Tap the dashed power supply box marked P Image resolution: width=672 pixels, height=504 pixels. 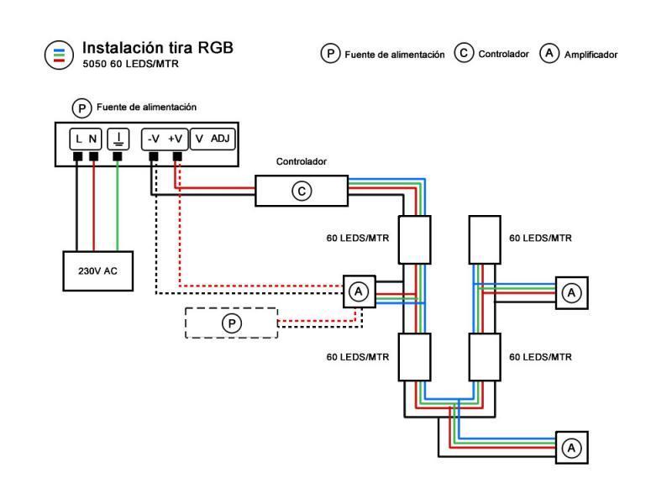tap(230, 323)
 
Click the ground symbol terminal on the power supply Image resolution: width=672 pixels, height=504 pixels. tap(118, 138)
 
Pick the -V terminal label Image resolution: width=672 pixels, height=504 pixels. tap(153, 138)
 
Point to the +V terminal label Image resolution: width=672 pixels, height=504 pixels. tap(176, 138)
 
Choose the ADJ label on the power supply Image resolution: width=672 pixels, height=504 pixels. tap(221, 138)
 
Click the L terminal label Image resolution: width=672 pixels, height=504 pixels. tap(76, 138)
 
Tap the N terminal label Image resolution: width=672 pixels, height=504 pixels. tap(93, 138)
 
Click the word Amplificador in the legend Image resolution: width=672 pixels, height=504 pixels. tap(591, 55)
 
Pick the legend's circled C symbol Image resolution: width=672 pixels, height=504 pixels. tap(463, 53)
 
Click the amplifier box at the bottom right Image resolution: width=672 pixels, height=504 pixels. tap(571, 447)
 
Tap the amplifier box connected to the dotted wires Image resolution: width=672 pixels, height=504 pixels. tap(359, 291)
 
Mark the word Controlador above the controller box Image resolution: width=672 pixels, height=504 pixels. tap(302, 161)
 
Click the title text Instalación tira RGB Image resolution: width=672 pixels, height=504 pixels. tap(157, 48)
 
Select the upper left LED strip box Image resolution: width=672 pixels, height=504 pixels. tap(413, 239)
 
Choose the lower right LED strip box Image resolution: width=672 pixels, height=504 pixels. tap(485, 357)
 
